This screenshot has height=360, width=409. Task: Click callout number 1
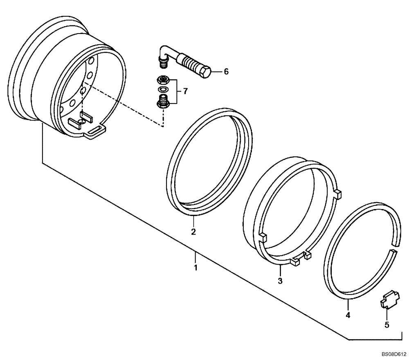tap(196, 268)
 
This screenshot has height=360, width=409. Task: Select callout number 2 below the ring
tap(193, 232)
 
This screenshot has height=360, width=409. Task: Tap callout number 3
tap(280, 281)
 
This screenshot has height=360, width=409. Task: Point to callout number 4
tap(348, 315)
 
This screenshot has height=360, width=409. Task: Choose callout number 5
tap(387, 325)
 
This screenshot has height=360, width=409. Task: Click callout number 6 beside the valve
tap(226, 72)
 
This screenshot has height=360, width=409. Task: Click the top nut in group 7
tap(163, 79)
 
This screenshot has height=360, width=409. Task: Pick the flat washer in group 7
tap(163, 89)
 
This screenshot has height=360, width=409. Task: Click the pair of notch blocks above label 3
tap(300, 258)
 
